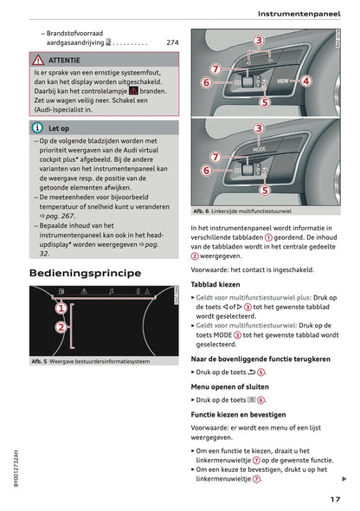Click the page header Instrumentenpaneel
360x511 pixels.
300,14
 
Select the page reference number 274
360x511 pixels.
171,42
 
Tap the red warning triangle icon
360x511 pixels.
37,61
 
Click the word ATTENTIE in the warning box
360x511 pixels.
64,61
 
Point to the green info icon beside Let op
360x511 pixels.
36,127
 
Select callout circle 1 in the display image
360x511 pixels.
61,307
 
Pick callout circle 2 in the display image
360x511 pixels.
61,327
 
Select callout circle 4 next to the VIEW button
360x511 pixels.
306,81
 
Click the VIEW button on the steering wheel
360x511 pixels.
282,81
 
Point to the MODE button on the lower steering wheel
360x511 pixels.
259,148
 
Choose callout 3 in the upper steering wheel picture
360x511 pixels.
259,41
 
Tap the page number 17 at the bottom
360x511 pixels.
335,499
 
